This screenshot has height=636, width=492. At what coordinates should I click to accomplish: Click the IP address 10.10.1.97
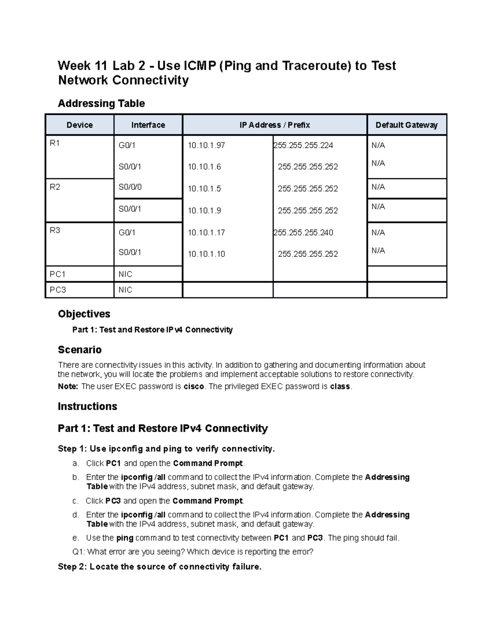pos(206,145)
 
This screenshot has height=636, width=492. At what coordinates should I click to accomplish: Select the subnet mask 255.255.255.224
pos(303,145)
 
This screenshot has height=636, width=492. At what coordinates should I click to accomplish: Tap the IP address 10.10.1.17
pos(206,233)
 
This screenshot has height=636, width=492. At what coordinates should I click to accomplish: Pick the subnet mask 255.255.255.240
pos(303,233)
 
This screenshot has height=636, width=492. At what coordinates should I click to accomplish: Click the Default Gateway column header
pos(406,125)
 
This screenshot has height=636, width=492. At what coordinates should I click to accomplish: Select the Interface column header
pos(148,125)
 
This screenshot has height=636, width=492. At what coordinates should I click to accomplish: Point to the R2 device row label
pos(55,187)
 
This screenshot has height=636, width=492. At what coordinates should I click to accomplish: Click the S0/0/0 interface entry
pos(130,187)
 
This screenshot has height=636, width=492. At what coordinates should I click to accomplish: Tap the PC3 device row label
pos(57,290)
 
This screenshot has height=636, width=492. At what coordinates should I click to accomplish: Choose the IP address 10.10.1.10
pos(206,254)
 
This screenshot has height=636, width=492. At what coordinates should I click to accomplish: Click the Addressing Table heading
pos(101,104)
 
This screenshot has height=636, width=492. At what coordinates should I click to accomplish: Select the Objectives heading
pos(84,314)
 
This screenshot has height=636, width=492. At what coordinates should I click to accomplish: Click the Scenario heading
pos(80,350)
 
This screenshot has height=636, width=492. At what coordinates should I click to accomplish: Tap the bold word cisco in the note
pos(194,387)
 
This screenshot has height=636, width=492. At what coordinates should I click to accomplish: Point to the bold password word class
pos(340,387)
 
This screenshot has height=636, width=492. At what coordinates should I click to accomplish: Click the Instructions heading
pos(87,406)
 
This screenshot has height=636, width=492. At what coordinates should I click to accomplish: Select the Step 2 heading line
pos(159,567)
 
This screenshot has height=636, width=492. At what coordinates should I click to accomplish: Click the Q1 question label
pos(78,552)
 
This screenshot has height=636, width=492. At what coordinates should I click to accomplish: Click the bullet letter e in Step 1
pos(75,538)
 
